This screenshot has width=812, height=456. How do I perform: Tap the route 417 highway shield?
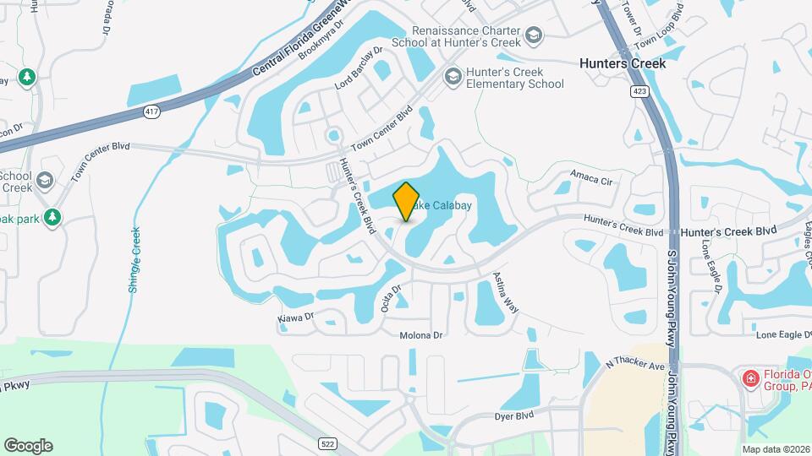(152, 111)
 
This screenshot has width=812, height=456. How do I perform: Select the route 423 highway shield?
(639, 90)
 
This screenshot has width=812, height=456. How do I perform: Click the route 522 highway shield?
(328, 443)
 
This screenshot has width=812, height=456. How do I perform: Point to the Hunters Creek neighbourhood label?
(623, 63)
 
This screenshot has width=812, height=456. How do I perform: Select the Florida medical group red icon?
(749, 378)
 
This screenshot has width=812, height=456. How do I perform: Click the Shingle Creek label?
(134, 260)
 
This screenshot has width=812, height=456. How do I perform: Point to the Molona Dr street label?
(421, 335)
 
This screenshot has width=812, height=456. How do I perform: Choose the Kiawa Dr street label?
(296, 318)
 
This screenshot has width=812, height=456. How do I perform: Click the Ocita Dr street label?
(391, 299)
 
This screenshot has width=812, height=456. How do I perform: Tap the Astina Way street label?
(506, 295)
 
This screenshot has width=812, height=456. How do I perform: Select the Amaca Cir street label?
(590, 178)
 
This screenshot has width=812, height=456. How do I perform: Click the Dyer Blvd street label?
(514, 415)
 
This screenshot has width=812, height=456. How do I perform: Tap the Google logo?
(28, 446)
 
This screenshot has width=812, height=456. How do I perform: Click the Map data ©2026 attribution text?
(775, 449)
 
